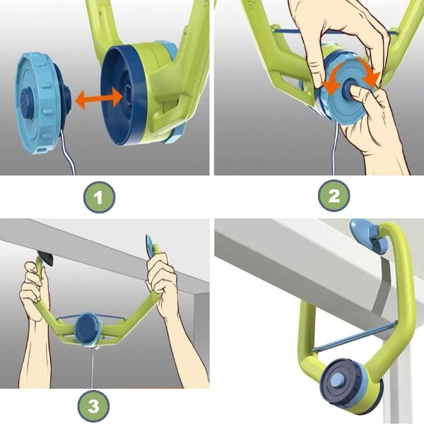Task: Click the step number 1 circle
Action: [99, 197]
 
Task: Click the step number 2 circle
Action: [334, 196]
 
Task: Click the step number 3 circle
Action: [93, 406]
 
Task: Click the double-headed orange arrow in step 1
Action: [98, 98]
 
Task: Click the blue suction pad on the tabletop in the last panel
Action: [365, 235]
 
